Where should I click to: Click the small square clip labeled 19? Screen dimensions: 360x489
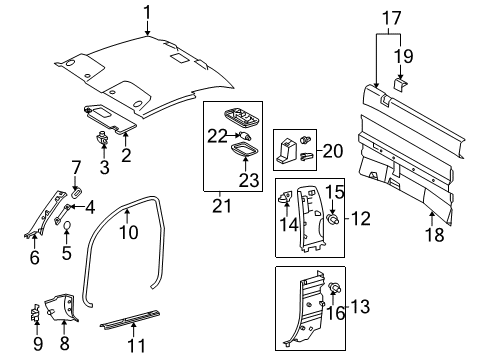click(398, 84)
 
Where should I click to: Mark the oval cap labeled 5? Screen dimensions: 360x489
click(67, 227)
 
